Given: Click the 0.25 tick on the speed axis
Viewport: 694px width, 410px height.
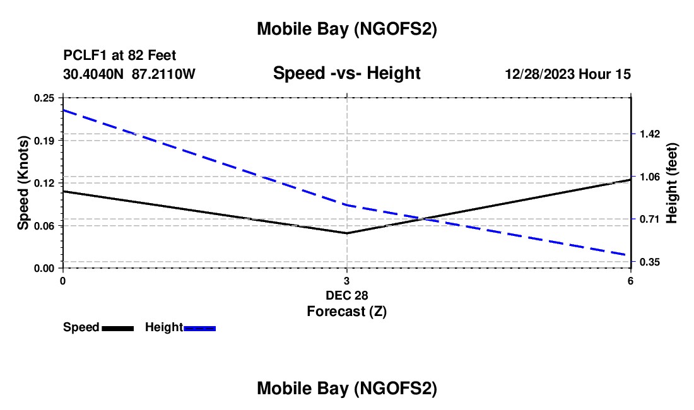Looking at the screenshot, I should tap(44, 98).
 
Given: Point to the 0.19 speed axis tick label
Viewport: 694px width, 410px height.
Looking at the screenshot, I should tap(44, 140).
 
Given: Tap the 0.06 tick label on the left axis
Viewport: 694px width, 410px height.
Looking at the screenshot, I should tap(44, 225).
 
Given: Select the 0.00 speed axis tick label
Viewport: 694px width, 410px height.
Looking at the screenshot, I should tap(44, 268).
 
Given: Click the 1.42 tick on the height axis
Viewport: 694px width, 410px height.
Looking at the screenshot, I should tap(650, 134).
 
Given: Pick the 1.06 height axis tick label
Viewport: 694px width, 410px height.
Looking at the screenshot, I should tap(650, 177).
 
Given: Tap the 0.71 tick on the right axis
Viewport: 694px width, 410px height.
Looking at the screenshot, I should tap(650, 219).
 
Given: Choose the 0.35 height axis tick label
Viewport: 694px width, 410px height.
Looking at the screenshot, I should tap(650, 262).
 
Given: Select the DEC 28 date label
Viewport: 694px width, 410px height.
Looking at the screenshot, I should tap(346, 295).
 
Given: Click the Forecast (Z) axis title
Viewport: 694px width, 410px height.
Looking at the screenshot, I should tap(346, 311).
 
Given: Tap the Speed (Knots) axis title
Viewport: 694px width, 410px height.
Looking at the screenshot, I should tap(23, 183).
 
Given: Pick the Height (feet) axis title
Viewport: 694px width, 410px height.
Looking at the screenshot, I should tap(671, 183).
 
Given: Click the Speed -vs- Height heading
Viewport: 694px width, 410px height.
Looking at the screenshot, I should tap(346, 74).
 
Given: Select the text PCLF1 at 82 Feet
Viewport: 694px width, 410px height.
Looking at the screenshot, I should tap(120, 56).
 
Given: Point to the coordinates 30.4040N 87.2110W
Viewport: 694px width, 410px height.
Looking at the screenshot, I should tap(129, 74).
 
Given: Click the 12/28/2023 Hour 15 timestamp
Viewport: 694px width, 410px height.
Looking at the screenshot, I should tap(568, 74).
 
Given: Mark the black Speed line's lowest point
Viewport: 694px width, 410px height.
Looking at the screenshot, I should tap(346, 233).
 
